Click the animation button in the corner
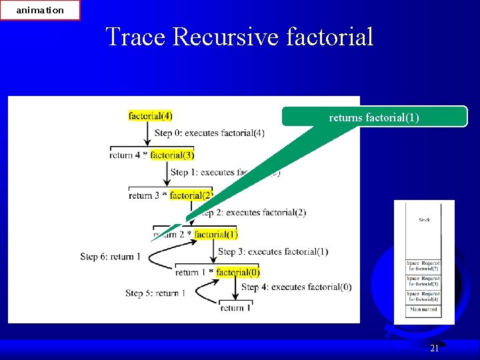(x=40, y=10)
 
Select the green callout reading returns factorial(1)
(x=374, y=117)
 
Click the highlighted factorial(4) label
(x=150, y=115)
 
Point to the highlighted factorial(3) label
(x=172, y=155)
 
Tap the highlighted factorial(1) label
(x=215, y=234)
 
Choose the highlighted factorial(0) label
(x=238, y=272)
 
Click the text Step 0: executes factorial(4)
(x=209, y=133)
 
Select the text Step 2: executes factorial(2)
(x=252, y=213)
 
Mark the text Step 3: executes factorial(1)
(x=273, y=251)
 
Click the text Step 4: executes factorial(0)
(x=296, y=287)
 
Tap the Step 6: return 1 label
(x=110, y=256)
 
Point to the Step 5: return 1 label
(x=155, y=293)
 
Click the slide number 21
(x=434, y=348)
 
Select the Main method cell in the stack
(x=424, y=310)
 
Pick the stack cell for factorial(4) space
(x=424, y=295)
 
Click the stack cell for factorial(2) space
(x=424, y=266)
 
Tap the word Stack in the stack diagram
(x=424, y=219)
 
